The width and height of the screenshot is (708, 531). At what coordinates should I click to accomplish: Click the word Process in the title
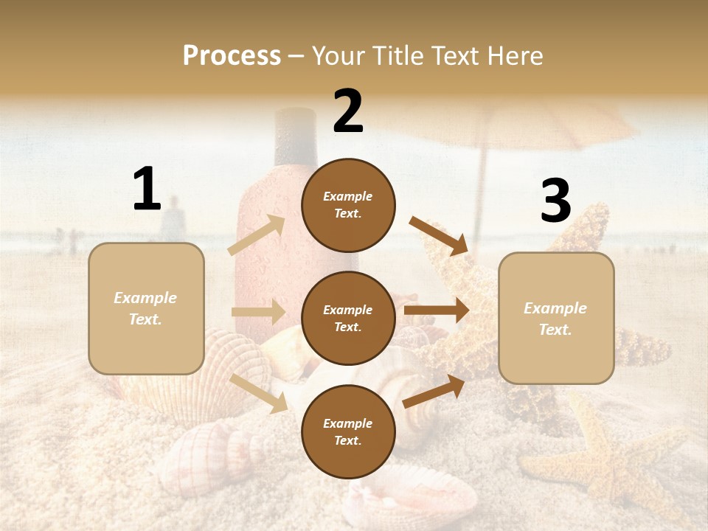(232, 56)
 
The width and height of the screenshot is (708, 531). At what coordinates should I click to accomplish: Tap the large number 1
(147, 190)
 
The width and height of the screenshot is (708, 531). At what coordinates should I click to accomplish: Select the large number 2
(348, 112)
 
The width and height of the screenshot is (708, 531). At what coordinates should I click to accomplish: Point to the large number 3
(555, 201)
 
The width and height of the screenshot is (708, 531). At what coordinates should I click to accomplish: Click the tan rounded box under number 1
(146, 308)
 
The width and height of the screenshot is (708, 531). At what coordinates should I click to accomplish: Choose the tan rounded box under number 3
(556, 318)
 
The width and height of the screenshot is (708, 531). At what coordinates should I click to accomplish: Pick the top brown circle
(348, 205)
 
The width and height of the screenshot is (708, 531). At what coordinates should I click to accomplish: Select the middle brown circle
(348, 318)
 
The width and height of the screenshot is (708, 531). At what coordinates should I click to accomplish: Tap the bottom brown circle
(348, 431)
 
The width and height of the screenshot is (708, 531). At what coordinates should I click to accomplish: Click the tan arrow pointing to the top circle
(257, 235)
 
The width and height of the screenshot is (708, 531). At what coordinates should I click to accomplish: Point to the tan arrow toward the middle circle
(258, 312)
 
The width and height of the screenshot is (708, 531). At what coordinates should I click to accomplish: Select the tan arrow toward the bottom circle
(259, 393)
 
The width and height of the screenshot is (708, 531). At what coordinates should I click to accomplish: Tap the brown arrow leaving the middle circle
(436, 310)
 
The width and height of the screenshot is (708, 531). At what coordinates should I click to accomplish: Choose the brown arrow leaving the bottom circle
(434, 392)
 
